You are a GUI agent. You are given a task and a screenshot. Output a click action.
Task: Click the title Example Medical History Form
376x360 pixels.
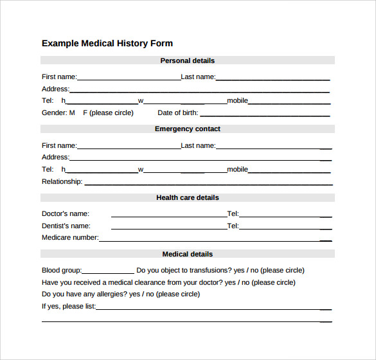click(x=107, y=44)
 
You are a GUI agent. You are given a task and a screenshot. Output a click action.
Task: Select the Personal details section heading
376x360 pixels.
click(x=187, y=60)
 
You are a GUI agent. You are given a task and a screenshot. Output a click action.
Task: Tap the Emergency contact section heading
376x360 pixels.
click(x=187, y=129)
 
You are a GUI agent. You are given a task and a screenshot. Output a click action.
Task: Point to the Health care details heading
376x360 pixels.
click(x=187, y=198)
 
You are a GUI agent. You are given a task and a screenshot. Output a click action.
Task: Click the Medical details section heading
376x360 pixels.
click(x=187, y=255)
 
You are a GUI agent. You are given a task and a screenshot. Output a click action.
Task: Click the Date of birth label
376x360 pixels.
click(x=177, y=113)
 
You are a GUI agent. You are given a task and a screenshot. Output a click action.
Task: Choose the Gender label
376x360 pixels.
click(x=54, y=113)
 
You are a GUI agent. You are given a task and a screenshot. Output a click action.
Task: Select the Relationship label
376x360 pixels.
click(x=62, y=182)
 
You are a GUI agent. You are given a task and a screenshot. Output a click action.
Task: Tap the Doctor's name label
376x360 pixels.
click(x=66, y=214)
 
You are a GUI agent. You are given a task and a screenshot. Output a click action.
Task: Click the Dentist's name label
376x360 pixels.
click(x=66, y=226)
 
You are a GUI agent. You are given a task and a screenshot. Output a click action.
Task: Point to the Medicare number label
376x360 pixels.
click(x=70, y=238)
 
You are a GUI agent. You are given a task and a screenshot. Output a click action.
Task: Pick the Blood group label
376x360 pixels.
click(x=62, y=271)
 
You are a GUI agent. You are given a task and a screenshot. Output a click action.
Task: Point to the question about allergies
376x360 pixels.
click(x=121, y=294)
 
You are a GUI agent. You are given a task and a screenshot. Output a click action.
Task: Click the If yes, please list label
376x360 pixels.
click(x=68, y=307)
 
